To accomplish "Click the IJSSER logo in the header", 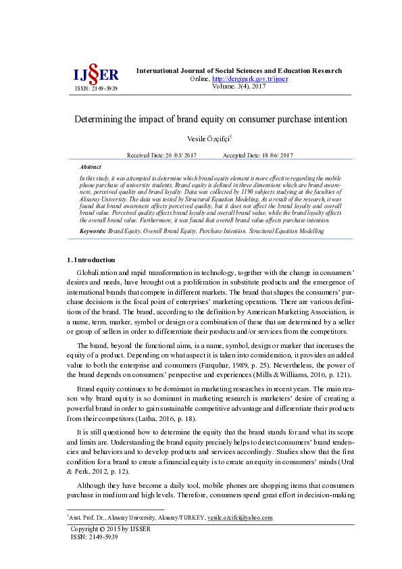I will pos(95,74).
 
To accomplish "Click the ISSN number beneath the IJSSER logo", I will pos(95,89).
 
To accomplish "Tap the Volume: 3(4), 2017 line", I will pos(240,86).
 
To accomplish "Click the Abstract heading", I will pos(90,167).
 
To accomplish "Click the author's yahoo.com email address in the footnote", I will pos(240,518).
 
